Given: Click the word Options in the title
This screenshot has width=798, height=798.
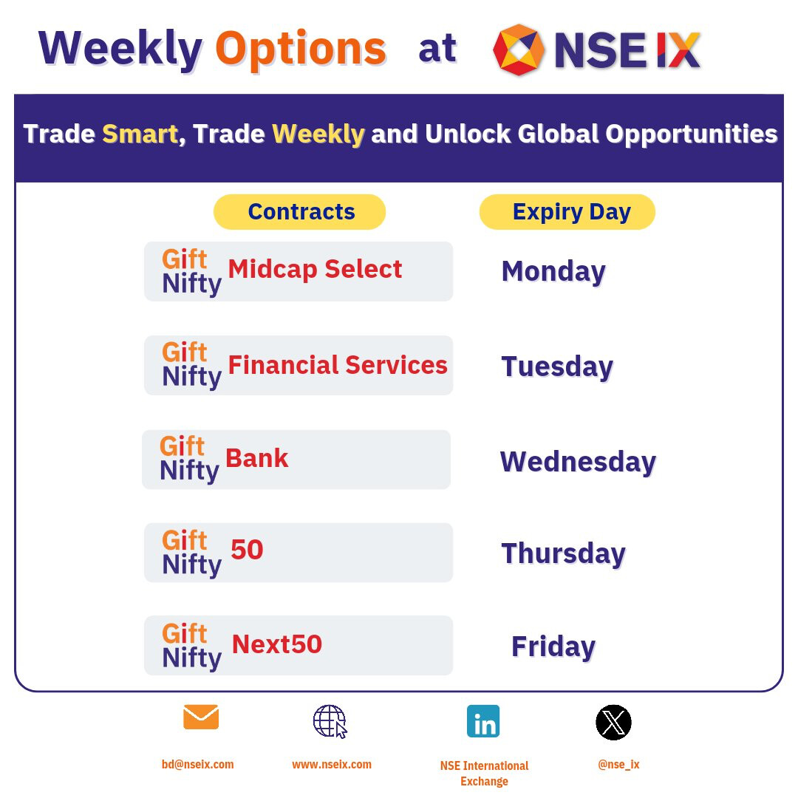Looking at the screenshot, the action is [x=301, y=50].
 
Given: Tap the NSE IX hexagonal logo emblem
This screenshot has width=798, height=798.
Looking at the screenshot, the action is [x=519, y=50].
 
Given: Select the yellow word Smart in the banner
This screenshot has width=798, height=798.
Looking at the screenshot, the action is [x=140, y=134].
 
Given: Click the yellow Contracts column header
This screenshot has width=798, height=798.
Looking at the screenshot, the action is [x=300, y=212].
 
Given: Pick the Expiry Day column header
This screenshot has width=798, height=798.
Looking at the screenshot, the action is [x=567, y=212].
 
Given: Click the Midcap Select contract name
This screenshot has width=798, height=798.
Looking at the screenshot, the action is [x=315, y=269].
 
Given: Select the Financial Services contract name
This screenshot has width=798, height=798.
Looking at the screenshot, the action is [x=338, y=365].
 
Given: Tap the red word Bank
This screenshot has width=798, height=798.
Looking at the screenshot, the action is [x=257, y=458].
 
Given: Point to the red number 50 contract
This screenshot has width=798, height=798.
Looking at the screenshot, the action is [x=247, y=550].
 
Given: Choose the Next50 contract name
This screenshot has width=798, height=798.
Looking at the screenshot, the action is [x=277, y=644].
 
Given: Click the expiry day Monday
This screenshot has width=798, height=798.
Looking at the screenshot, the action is [x=553, y=272].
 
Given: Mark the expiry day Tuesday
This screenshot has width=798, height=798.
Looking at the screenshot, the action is [x=557, y=367].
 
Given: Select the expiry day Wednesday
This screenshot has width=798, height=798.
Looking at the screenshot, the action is [x=578, y=462].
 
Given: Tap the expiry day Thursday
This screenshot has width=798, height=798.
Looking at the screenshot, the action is [x=563, y=553].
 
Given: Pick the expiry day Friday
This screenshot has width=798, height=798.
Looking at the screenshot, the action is [x=553, y=647].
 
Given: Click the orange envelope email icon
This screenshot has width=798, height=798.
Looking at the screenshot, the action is [x=201, y=717].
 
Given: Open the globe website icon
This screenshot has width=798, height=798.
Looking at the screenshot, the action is [x=330, y=721].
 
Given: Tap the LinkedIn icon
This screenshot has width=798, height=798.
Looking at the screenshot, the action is [x=483, y=721].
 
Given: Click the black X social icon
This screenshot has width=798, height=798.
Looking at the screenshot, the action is [x=614, y=722].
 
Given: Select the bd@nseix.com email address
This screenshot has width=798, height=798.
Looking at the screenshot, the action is [x=197, y=765].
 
